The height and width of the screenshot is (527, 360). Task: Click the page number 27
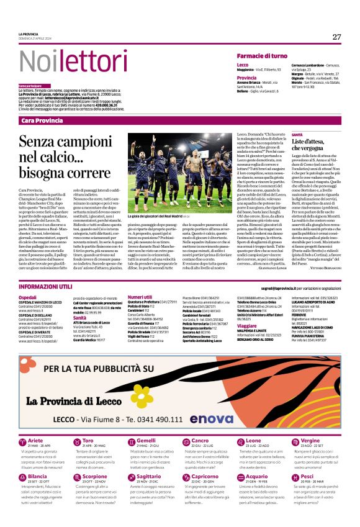tap(336, 37)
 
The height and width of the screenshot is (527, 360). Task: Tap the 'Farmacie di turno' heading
tap(265, 56)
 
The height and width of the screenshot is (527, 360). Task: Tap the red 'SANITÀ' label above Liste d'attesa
tap(297, 135)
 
